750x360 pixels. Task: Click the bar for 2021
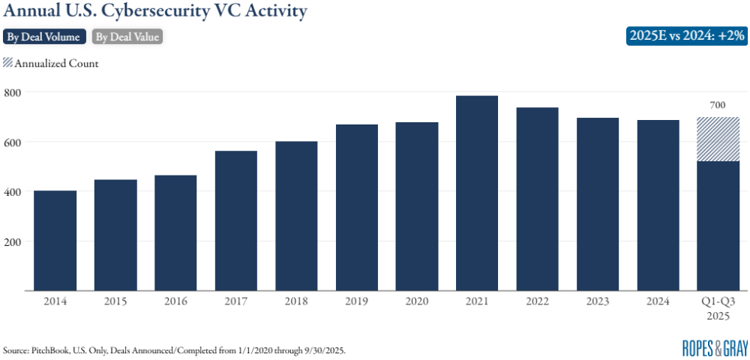pos(477,193)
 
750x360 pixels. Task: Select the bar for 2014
pos(55,240)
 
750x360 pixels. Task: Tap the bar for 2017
pos(236,220)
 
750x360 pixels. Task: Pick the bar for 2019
pos(356,207)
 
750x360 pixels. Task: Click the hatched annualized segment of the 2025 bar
pos(718,139)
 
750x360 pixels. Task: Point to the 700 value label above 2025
pos(718,106)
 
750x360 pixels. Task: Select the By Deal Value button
pos(127,36)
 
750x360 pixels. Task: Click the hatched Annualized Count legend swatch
pos(8,63)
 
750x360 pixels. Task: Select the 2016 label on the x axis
pos(175,301)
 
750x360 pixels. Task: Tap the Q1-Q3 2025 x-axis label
pos(718,307)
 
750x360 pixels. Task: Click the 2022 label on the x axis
pos(537,301)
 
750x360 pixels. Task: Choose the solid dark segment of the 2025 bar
pos(718,225)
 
